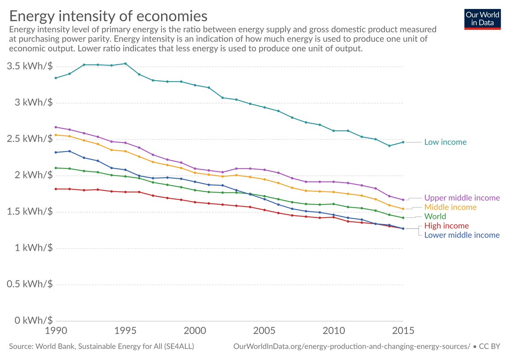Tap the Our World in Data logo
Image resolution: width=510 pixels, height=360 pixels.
[x=483, y=18]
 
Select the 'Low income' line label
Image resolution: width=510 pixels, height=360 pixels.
[x=445, y=142]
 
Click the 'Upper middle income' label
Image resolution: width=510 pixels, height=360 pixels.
[x=462, y=198]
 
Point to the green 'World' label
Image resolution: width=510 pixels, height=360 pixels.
[x=435, y=216]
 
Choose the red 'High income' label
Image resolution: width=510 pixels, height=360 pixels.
[x=446, y=226]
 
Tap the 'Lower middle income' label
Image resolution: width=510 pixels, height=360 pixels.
[x=462, y=235]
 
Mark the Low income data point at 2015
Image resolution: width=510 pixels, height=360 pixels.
[x=403, y=142]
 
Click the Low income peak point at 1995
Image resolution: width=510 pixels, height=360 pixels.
[x=125, y=64]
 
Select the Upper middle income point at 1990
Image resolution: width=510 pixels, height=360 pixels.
[x=56, y=127]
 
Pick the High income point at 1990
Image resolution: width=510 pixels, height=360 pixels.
[x=56, y=189]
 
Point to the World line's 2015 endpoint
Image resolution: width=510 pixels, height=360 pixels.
[x=403, y=218]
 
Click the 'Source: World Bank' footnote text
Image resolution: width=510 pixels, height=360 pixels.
[x=102, y=347]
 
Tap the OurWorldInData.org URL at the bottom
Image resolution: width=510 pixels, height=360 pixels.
[x=351, y=347]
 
